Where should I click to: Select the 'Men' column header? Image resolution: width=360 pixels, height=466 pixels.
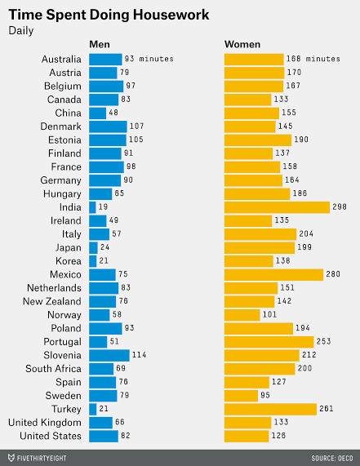tap(100, 46)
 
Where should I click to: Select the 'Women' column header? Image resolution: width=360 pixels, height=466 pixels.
tap(242, 46)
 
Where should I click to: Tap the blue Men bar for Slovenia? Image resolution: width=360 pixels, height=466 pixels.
tap(109, 355)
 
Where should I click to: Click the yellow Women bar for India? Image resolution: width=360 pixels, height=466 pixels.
tap(277, 207)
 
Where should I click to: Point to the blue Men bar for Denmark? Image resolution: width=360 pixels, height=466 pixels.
tap(108, 126)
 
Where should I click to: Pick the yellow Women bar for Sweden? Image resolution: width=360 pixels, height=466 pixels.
tap(241, 396)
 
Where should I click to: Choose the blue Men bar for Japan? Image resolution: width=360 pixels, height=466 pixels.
tap(93, 247)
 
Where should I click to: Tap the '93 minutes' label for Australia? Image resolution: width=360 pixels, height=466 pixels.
tap(149, 59)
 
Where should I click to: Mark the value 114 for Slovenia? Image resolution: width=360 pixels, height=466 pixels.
tap(140, 355)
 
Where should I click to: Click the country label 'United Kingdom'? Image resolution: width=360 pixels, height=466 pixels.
tap(45, 423)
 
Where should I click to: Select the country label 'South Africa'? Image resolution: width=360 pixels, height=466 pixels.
tap(53, 369)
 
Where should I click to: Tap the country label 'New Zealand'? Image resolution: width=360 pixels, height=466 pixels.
tap(52, 301)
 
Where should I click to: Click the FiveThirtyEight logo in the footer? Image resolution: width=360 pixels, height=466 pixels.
tap(38, 458)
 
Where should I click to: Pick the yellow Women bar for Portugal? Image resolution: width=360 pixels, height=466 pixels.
tap(269, 342)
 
